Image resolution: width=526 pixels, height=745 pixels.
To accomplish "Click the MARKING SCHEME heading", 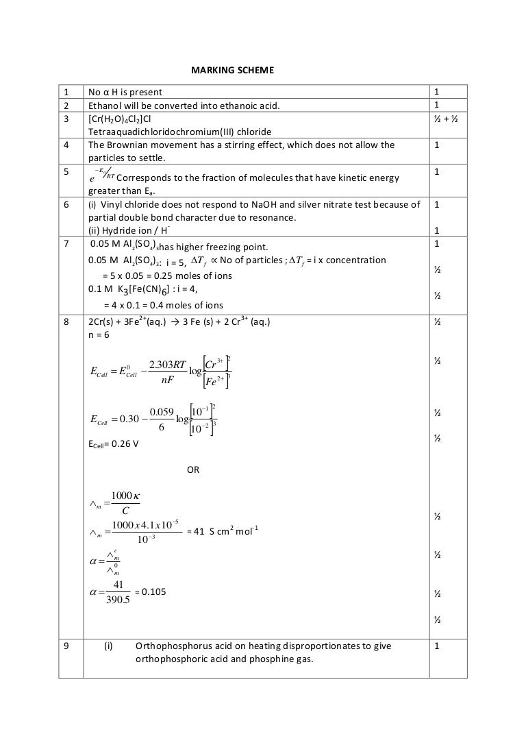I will [231, 70].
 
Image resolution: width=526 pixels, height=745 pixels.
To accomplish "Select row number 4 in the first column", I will [66, 145].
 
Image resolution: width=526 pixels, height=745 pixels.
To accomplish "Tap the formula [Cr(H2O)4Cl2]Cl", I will [121, 119].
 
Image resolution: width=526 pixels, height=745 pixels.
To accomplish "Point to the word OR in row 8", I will [194, 469].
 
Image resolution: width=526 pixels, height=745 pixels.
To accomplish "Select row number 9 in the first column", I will [66, 646].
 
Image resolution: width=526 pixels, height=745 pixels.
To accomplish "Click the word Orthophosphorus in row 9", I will [173, 646].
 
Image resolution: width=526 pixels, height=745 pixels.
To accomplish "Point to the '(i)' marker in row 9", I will [108, 646].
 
